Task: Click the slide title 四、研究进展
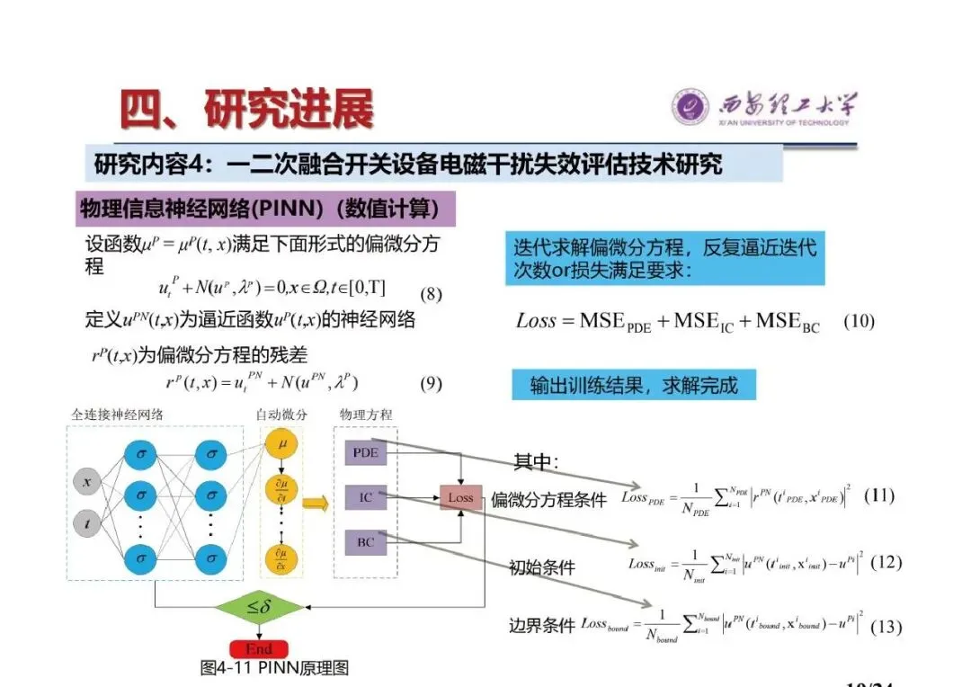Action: click(x=247, y=110)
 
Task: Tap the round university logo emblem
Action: click(x=690, y=107)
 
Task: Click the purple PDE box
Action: click(x=366, y=453)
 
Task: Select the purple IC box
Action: click(x=366, y=496)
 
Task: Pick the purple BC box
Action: click(x=366, y=542)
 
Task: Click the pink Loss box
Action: click(x=460, y=497)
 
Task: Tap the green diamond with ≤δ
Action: click(x=259, y=608)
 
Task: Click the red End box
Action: click(x=259, y=648)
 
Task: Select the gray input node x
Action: click(x=86, y=481)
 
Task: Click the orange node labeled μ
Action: click(x=282, y=444)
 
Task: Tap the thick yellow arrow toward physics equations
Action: click(x=314, y=503)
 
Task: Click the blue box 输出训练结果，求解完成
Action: click(x=634, y=385)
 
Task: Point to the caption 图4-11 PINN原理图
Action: click(x=274, y=667)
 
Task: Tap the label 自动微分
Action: click(x=281, y=415)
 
